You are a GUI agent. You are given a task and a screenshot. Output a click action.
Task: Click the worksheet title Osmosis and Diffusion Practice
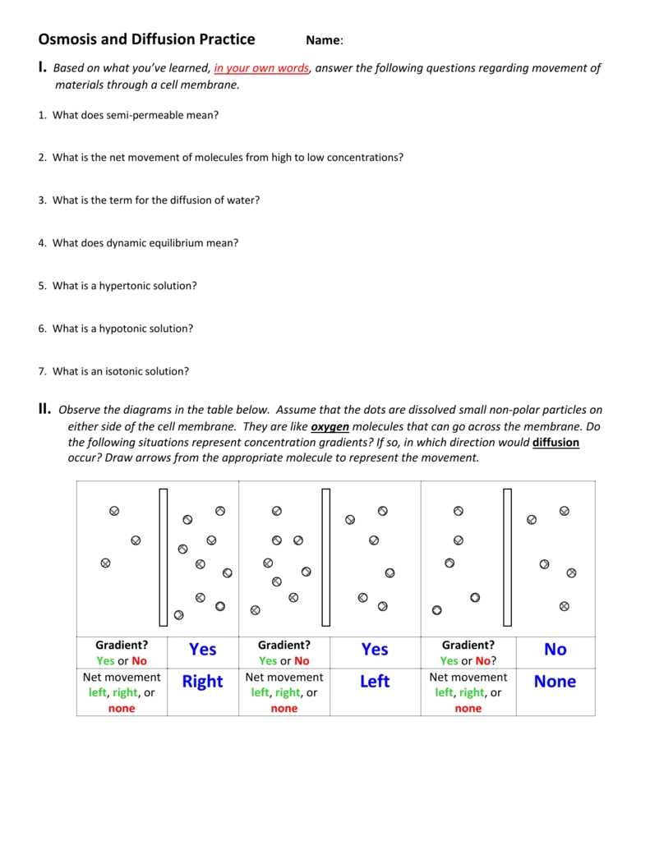[x=146, y=39]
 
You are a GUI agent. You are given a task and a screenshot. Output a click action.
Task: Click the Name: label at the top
[x=325, y=40]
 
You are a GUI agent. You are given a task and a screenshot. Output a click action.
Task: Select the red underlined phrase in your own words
[x=261, y=68]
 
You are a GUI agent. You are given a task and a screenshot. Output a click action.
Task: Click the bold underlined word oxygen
[x=330, y=426]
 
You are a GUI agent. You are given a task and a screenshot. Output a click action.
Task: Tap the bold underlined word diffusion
[x=555, y=442]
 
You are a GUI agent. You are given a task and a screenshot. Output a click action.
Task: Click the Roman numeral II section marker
[x=44, y=409]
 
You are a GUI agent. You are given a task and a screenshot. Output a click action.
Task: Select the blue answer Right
[x=203, y=682]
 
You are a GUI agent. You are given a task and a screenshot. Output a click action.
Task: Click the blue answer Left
[x=375, y=682]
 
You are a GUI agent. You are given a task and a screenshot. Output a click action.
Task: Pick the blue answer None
[x=555, y=682]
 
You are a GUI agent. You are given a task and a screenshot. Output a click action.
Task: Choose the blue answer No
[x=555, y=650]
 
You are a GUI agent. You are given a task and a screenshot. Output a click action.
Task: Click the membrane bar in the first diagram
[x=164, y=558]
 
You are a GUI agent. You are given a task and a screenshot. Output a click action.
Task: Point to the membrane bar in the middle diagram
[x=326, y=558]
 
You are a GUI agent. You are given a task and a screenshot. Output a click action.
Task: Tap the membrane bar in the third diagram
[x=507, y=558]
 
